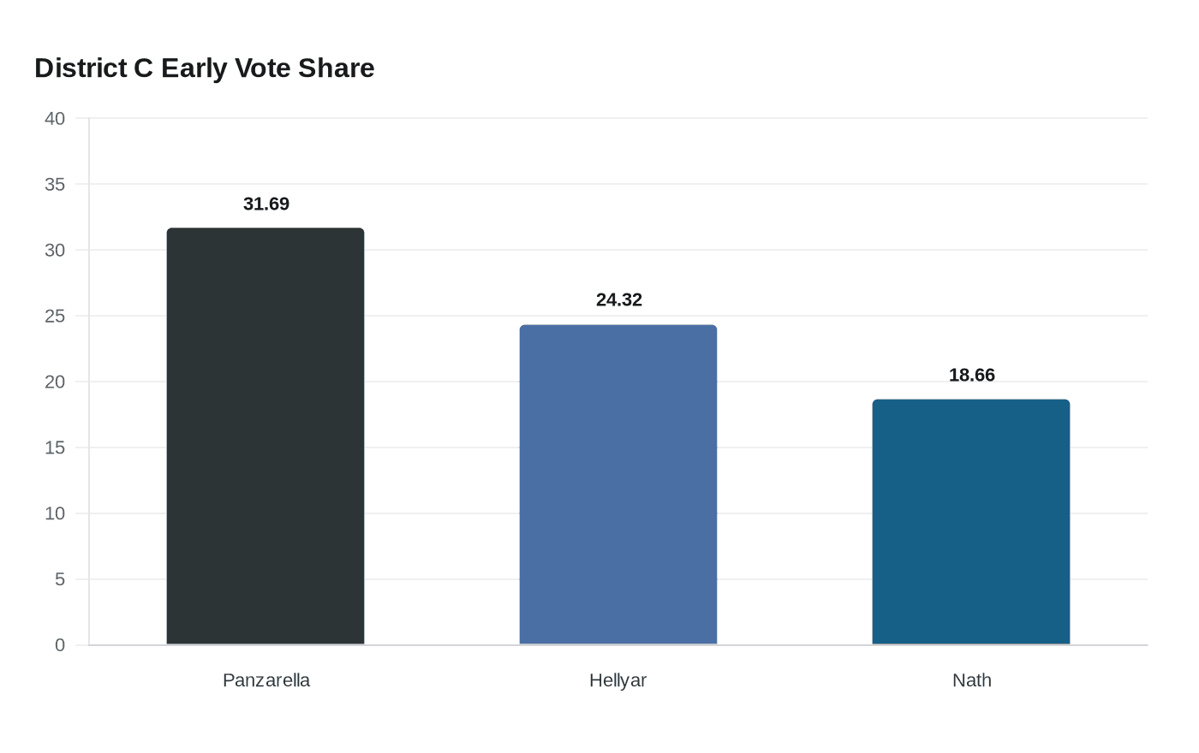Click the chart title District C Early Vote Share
[204, 68]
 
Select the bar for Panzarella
[265, 436]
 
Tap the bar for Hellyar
[618, 484]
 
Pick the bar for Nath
[971, 522]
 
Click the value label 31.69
[266, 205]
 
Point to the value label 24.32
[619, 300]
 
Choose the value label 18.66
[972, 376]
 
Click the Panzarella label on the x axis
[266, 680]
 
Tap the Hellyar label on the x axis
[618, 680]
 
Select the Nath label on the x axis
[972, 680]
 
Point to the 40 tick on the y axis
[55, 119]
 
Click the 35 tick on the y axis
[55, 185]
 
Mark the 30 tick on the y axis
[55, 251]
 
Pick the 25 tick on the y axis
[55, 317]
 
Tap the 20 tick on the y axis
[55, 382]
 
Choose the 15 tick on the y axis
[55, 448]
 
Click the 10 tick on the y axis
[55, 514]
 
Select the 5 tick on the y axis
[60, 580]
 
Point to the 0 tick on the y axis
[60, 646]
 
